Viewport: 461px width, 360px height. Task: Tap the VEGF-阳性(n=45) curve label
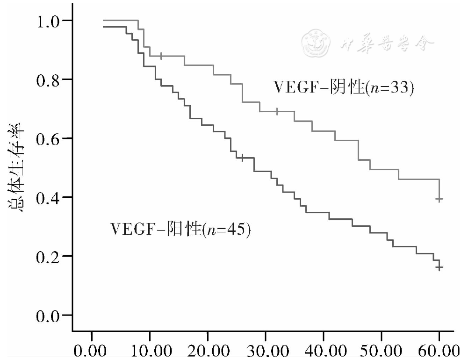click(180, 230)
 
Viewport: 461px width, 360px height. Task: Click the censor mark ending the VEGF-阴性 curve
click(439, 199)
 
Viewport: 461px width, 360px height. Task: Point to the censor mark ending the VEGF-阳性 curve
click(439, 267)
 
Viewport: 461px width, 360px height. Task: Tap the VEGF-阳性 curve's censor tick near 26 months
click(242, 158)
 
